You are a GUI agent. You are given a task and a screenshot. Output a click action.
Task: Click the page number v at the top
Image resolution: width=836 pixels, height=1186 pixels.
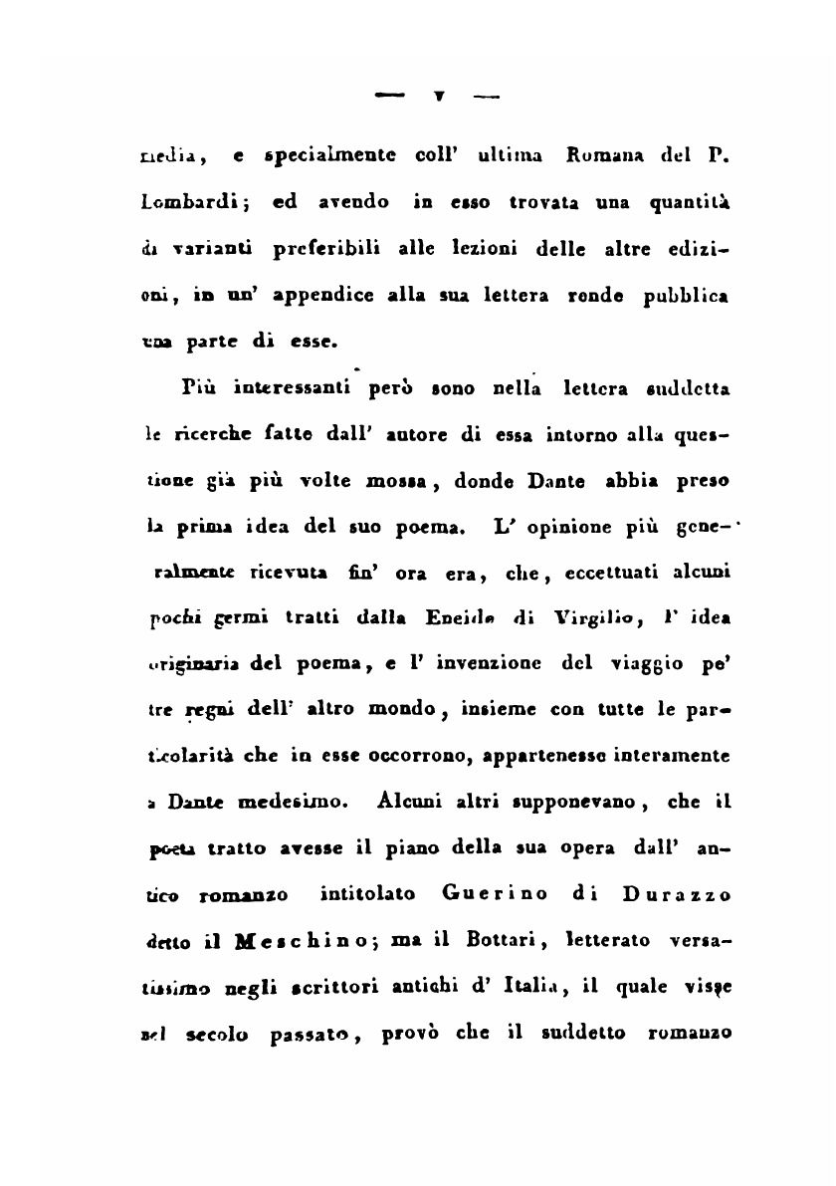438,98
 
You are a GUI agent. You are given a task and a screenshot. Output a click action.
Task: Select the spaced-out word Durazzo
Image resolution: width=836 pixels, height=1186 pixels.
676,894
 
